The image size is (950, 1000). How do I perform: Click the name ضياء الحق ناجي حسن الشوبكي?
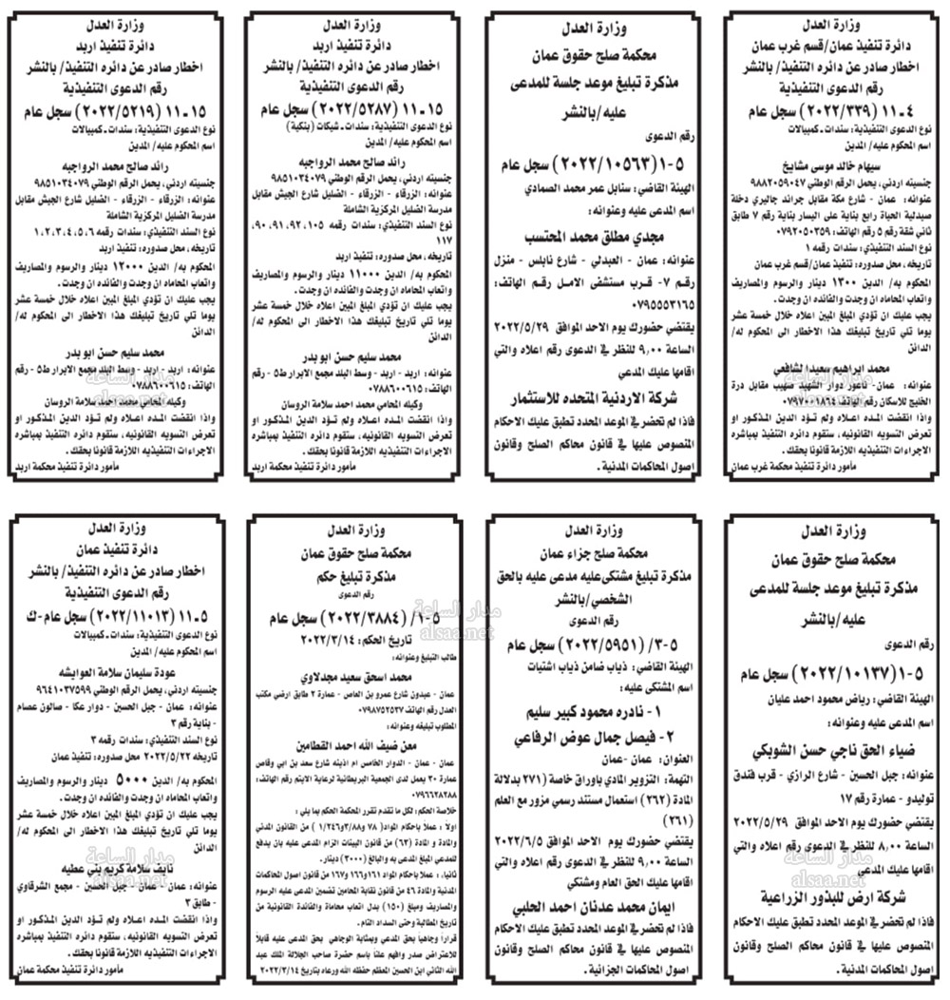coord(825,745)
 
